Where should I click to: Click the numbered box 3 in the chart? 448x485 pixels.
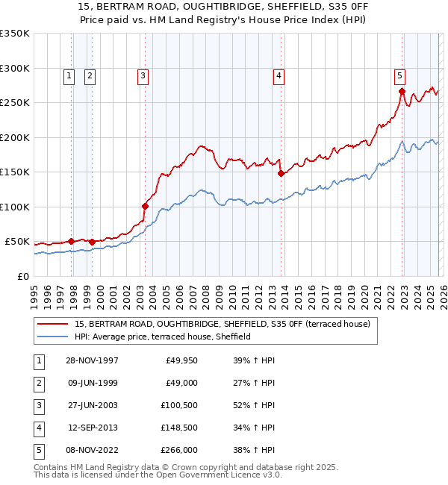(143, 75)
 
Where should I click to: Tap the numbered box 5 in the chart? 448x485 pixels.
(400, 75)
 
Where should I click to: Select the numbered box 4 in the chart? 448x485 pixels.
(278, 75)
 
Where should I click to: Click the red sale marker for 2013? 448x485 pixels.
(281, 173)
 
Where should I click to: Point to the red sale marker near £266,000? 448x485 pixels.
(402, 92)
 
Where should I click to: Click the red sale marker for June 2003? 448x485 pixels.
(146, 206)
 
